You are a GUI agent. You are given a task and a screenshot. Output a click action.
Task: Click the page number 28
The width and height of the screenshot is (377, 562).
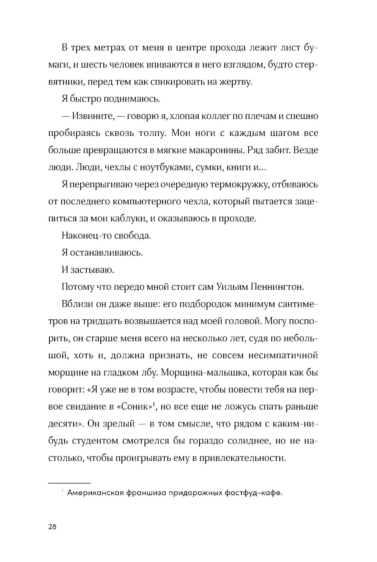[x=52, y=528]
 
